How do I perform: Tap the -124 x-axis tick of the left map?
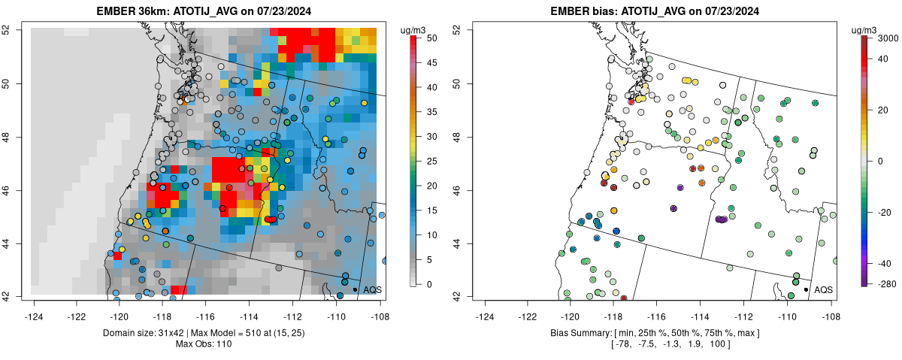[x=34, y=307]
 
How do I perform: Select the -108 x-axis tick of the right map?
[x=830, y=307]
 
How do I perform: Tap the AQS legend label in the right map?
[x=823, y=289]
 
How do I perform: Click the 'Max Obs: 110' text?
[x=205, y=344]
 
